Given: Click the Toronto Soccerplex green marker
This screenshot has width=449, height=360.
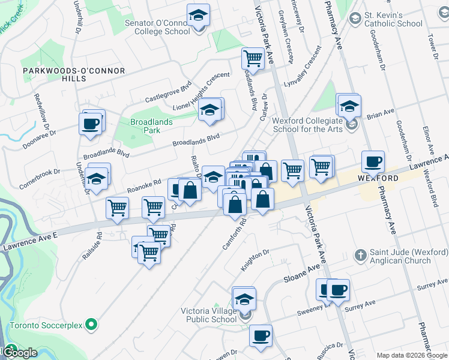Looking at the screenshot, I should tap(91, 325).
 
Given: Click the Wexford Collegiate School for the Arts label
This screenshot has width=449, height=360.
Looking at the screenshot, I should tap(310, 124).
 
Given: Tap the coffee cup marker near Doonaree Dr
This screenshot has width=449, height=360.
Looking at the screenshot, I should tap(91, 124).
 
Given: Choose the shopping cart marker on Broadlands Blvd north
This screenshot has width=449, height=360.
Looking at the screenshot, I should tap(253, 58).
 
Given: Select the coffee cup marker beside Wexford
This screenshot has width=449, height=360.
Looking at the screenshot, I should tap(373, 161).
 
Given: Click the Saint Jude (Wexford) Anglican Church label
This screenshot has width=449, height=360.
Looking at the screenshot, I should tap(401, 256).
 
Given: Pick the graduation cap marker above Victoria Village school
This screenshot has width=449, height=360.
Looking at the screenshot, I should tap(244, 298).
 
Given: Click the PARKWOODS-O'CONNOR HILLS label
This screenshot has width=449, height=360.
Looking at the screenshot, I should tap(74, 74).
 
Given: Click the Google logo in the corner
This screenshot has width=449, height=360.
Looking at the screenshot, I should tap(20, 352).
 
